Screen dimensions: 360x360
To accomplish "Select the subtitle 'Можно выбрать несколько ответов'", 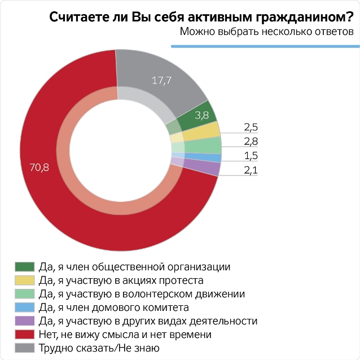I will tap(267, 32).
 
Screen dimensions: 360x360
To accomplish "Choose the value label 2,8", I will tap(251, 141).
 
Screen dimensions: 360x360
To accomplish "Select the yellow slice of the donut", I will tap(209, 130).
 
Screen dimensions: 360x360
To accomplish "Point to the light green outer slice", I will tap(212, 144).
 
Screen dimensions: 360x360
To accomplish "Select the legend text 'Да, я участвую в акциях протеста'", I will tap(121, 280).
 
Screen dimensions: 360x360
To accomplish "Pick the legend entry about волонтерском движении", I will tap(142, 293).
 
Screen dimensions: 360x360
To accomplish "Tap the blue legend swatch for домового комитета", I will tap(25, 308).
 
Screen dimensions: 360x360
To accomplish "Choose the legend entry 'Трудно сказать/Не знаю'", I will tap(99, 348).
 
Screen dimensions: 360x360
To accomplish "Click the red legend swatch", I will tap(25, 335).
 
